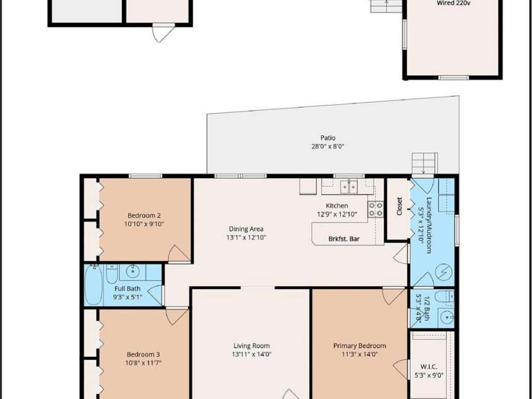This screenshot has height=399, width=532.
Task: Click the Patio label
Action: point(328,138)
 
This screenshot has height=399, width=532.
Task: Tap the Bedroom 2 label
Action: point(144,215)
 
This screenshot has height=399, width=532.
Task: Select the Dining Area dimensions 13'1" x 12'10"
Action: point(246,237)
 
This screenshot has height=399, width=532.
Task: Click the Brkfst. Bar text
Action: point(344,239)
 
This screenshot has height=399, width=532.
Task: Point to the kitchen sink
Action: point(349,187)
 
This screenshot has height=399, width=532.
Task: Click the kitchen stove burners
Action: point(375,209)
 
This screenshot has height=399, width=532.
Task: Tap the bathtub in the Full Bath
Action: point(93,285)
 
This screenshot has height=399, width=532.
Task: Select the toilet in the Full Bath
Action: point(112,274)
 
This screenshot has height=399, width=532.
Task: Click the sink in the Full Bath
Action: point(132,271)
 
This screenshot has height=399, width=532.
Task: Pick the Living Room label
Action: point(252,346)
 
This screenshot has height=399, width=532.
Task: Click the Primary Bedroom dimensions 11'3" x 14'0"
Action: point(360,355)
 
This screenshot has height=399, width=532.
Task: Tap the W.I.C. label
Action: point(429,367)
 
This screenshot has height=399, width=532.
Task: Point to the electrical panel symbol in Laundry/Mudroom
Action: point(444,271)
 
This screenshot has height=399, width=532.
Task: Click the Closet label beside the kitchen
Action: point(399,206)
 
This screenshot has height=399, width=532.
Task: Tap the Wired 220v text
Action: point(453,3)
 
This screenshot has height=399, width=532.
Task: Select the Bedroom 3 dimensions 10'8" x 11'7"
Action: point(143,363)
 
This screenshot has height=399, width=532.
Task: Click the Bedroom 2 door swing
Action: point(179,253)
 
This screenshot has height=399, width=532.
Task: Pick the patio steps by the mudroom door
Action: point(424,164)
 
